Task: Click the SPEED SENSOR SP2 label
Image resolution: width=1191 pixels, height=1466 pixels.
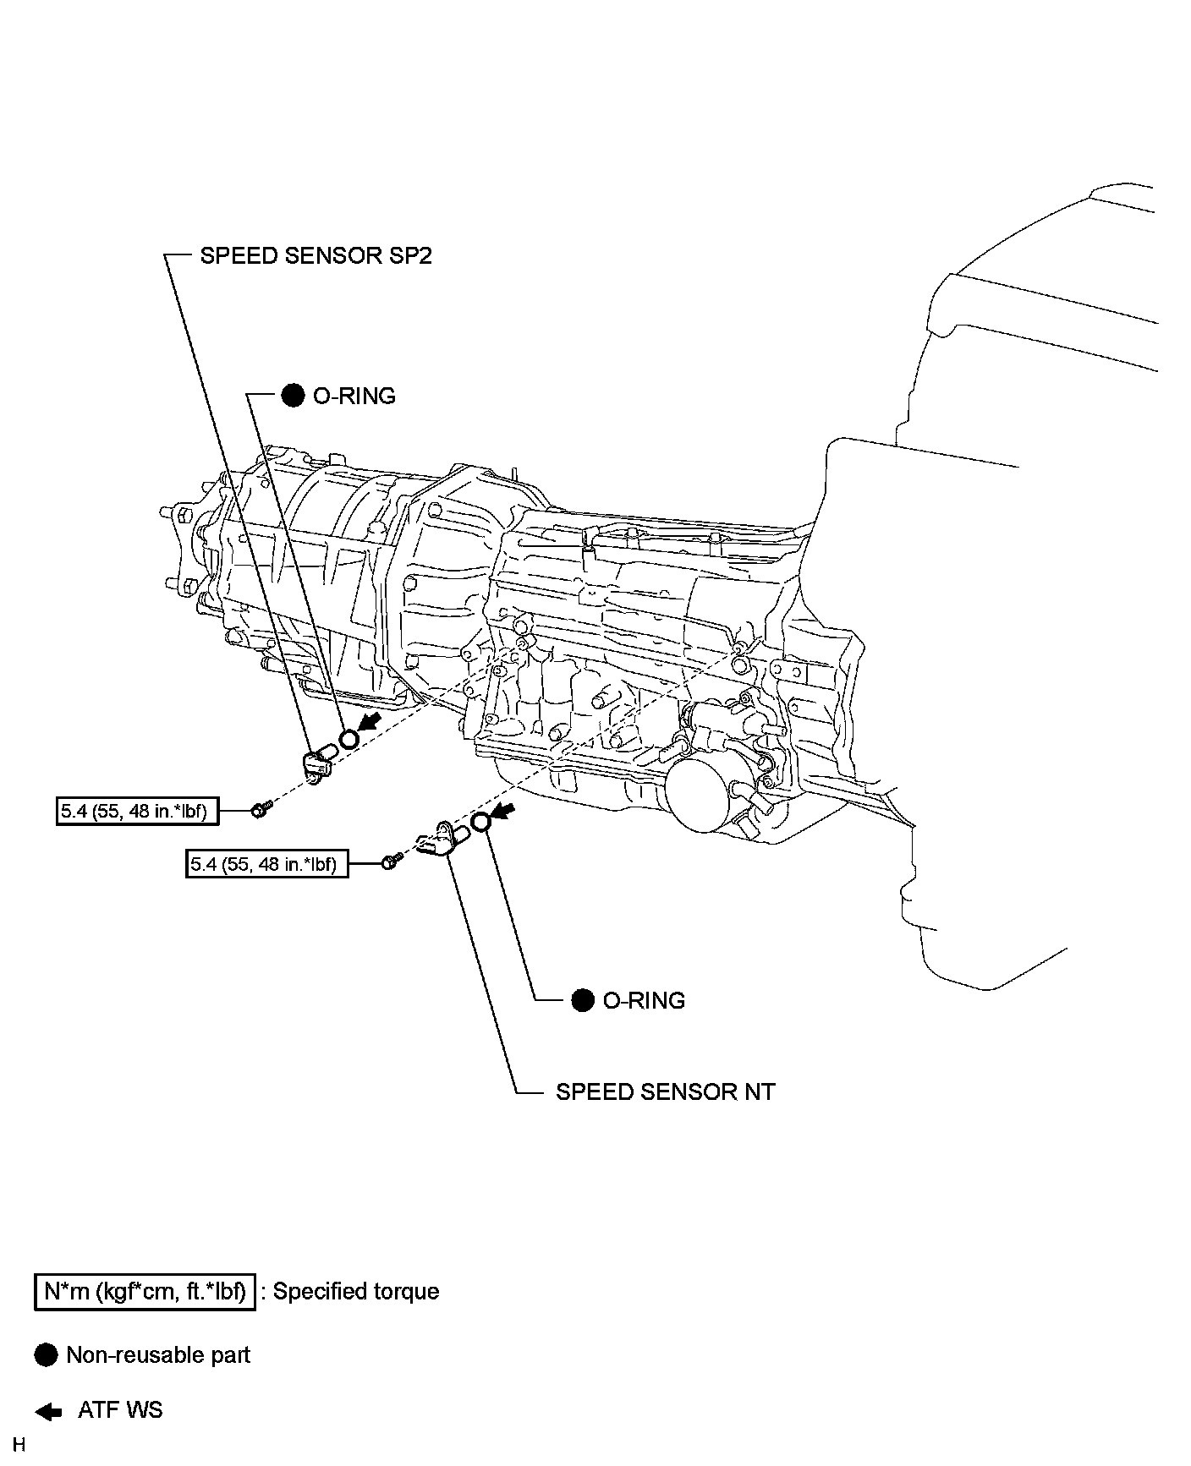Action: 316,255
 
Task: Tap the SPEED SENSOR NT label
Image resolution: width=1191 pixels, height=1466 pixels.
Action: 665,1091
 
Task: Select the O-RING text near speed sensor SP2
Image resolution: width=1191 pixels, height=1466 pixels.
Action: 354,396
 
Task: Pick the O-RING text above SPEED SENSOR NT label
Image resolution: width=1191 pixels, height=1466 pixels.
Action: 644,1000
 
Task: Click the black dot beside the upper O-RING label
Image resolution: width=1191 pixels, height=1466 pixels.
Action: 293,396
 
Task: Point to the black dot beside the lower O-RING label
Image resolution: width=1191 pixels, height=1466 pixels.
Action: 583,1000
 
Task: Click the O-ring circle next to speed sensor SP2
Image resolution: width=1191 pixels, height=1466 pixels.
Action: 348,740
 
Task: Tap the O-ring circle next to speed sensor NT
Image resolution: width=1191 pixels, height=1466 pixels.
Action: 480,821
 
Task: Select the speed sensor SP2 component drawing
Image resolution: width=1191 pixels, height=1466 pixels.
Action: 317,763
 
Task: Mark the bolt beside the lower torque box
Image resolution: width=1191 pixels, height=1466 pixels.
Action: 390,862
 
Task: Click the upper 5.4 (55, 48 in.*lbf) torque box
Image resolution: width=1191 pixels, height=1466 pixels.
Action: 135,812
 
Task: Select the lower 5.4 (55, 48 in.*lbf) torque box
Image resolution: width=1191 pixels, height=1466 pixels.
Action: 266,864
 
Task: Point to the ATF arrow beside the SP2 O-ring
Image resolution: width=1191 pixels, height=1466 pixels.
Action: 370,721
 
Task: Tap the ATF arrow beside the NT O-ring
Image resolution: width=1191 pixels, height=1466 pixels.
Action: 503,812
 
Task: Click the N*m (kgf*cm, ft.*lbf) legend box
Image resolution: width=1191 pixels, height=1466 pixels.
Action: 145,1291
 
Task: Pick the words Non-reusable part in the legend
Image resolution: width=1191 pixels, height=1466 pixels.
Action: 158,1355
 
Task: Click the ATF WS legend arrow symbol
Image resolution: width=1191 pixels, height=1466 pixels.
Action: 48,1411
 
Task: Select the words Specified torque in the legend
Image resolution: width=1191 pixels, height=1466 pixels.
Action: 355,1291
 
